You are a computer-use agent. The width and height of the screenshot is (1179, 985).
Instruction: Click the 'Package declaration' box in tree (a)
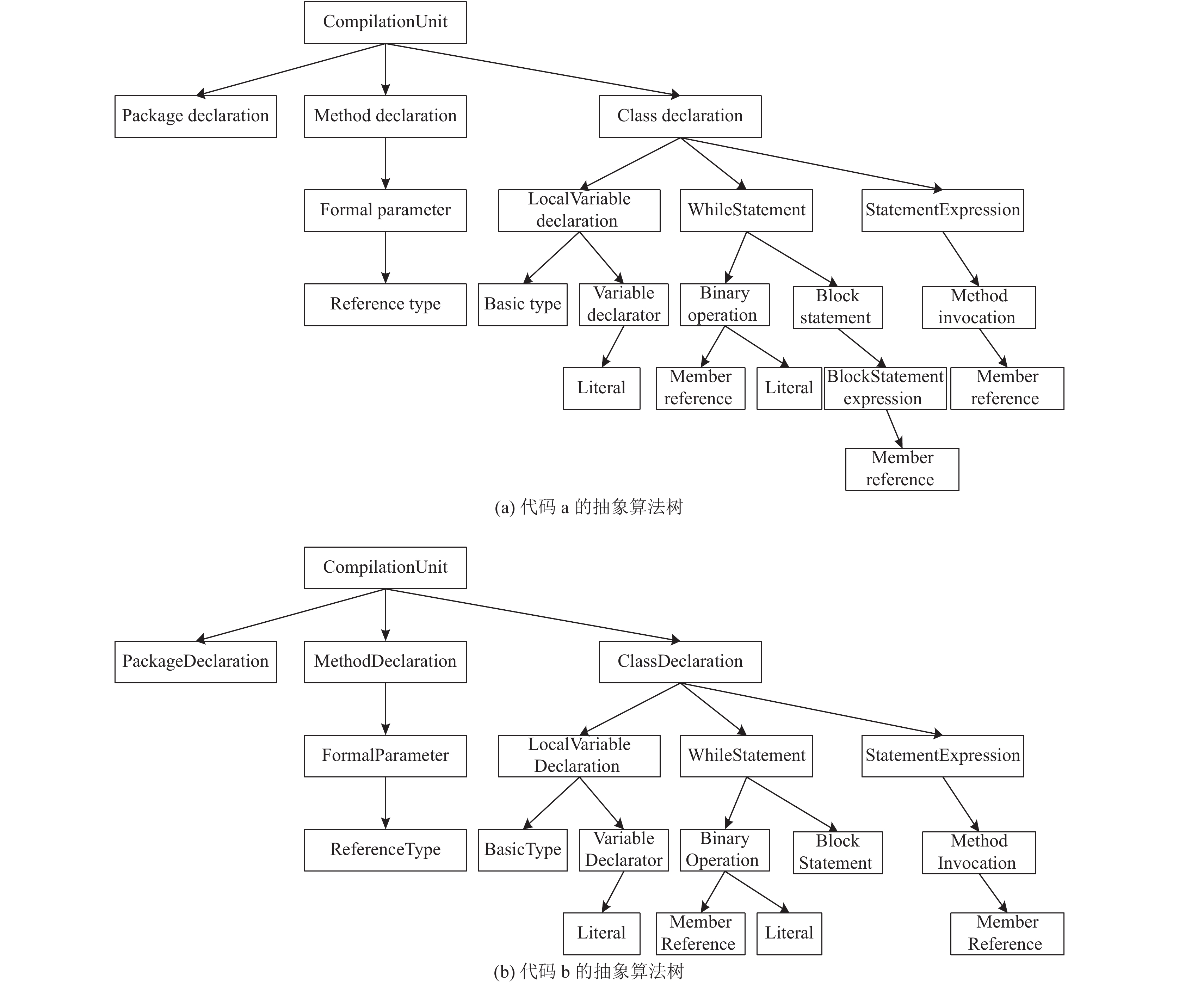pos(195,116)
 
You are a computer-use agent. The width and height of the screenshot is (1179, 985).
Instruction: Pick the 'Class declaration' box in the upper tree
pos(680,116)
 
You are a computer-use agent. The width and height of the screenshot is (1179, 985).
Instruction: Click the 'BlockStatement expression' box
pos(885,388)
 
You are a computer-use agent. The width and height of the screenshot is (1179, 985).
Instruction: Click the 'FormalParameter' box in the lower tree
pos(385,756)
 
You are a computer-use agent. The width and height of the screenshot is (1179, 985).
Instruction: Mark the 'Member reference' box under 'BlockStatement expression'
pos(902,469)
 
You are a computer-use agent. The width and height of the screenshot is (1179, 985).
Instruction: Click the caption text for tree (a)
pos(588,507)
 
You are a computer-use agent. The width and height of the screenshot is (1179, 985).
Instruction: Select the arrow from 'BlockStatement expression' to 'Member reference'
pos(894,429)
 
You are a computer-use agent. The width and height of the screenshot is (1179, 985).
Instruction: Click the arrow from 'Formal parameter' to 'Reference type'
pos(385,258)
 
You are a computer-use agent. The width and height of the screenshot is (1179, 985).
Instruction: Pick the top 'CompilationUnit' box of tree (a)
pos(385,23)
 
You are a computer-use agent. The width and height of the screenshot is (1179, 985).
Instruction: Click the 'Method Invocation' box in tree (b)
pos(979,852)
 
